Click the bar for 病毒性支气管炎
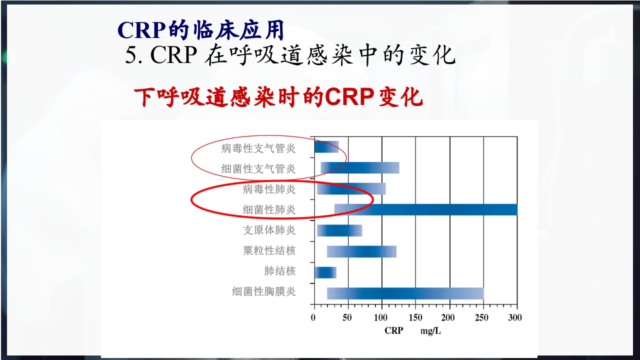[326, 147]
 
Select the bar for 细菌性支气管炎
[360, 168]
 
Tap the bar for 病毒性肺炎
[351, 189]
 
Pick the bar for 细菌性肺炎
[425, 209]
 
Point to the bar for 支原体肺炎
[339, 230]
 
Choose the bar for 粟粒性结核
[361, 251]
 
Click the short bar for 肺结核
[325, 272]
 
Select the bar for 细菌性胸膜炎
[405, 293]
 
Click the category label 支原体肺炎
[269, 230]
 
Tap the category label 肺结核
[279, 271]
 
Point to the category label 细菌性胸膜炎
[263, 292]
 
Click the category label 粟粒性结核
[269, 251]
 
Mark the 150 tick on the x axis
[415, 317]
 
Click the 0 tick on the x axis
[313, 317]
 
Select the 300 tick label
[515, 317]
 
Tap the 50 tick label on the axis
[348, 317]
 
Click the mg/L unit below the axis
[430, 331]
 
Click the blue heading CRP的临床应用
[201, 30]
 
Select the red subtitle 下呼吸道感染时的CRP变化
[278, 98]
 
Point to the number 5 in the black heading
[131, 56]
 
